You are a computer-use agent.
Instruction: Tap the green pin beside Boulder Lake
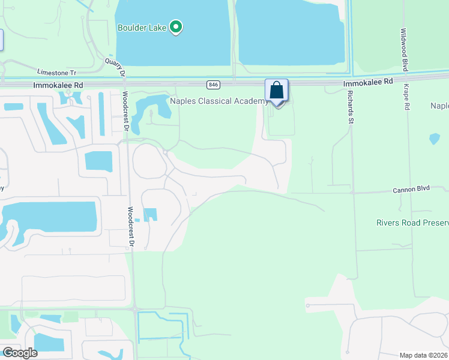pyautogui.click(x=176, y=27)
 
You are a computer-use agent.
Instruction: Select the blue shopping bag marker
pyautogui.click(x=277, y=91)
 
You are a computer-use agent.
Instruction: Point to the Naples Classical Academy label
pyautogui.click(x=219, y=101)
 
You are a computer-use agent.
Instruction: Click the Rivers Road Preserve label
pyautogui.click(x=412, y=223)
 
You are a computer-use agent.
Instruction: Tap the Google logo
pyautogui.click(x=20, y=353)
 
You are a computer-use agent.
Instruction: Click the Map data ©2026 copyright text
pyautogui.click(x=423, y=355)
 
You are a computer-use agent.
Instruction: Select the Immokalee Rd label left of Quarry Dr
pyautogui.click(x=58, y=86)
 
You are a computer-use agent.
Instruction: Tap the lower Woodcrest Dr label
pyautogui.click(x=130, y=226)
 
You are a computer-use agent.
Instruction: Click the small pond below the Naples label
pyautogui.click(x=435, y=139)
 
